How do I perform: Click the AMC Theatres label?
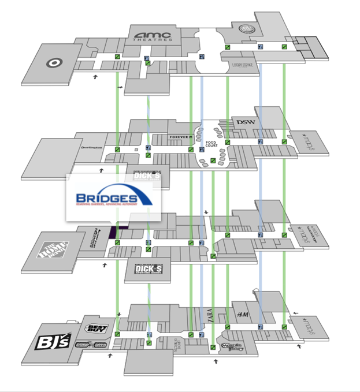click(x=154, y=36)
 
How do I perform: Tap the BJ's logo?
click(x=53, y=342)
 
